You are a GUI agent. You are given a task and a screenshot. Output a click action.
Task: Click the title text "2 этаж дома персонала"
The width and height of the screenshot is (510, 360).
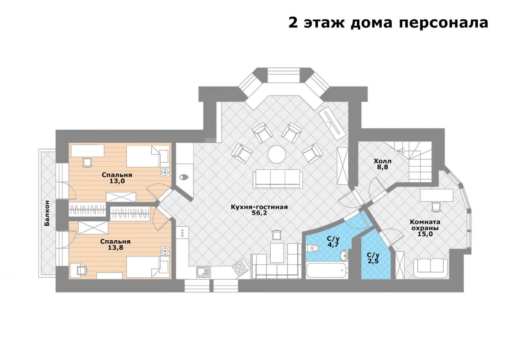point(388,23)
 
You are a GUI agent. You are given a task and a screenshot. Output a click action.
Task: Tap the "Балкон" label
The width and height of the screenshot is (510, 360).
point(47,213)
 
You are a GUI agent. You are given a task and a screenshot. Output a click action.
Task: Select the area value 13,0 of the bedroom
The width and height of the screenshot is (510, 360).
point(117,181)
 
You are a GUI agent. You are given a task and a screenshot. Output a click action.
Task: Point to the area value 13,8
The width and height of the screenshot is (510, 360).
point(115,248)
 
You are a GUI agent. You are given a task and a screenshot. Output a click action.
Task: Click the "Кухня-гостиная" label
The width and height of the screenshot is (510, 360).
point(259,207)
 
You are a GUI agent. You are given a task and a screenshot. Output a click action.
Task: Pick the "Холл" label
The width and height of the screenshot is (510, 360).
point(382,161)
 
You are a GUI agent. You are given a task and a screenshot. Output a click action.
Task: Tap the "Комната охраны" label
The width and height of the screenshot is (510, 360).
point(425,225)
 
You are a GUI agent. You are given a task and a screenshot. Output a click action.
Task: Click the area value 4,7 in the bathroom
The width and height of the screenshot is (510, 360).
point(333,245)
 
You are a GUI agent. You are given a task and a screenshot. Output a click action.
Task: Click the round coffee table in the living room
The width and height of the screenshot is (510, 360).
point(276,154)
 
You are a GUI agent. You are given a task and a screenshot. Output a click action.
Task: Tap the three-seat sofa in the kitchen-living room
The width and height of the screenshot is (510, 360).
point(278,179)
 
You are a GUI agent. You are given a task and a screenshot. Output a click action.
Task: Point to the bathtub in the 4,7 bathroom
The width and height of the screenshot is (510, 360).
point(327,270)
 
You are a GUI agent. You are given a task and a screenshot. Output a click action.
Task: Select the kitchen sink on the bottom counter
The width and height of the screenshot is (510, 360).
point(203,272)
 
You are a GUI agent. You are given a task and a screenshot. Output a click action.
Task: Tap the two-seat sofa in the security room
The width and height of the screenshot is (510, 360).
point(431,268)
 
